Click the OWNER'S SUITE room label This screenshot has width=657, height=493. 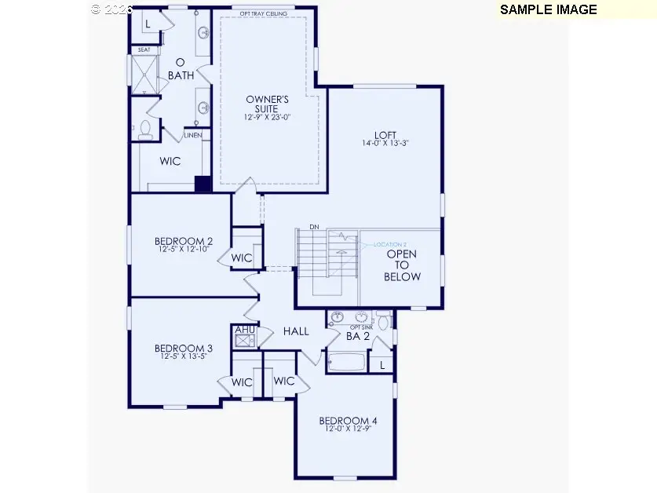[268, 104]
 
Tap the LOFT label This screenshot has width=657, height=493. [385, 133]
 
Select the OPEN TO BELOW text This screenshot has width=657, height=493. [402, 265]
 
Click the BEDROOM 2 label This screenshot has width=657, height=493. [183, 241]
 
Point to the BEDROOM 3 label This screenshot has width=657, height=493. [183, 349]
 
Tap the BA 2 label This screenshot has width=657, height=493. [359, 336]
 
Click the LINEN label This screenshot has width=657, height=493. [193, 135]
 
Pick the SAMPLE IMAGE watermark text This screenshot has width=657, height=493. [548, 9]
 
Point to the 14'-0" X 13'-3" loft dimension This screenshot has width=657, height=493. [385, 144]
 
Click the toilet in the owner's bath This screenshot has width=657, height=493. [145, 130]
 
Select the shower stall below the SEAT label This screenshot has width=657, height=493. [144, 74]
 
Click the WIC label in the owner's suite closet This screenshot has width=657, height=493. [170, 161]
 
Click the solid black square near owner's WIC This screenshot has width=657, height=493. [203, 184]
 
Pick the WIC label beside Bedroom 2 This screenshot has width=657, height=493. [241, 257]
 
